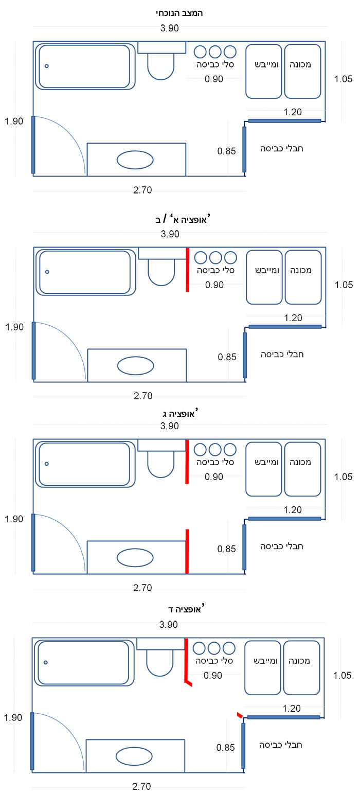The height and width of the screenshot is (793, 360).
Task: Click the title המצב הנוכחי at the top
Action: pos(179,13)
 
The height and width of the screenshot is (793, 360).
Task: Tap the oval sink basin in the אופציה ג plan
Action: pos(135,558)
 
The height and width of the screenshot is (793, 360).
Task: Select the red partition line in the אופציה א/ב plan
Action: pos(187,270)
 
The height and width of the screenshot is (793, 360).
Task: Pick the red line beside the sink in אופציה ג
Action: pos(187,551)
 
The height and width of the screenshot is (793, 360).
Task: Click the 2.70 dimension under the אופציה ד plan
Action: pos(141,786)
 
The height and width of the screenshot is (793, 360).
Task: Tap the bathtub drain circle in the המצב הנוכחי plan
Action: pos(46,66)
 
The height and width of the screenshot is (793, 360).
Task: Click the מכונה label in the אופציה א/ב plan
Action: pos(300,271)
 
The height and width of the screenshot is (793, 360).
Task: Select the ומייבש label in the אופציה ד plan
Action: pos(265,661)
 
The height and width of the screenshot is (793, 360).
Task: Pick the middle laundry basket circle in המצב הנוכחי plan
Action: pos(215,51)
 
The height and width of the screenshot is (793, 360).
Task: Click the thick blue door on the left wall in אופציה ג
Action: pos(33,542)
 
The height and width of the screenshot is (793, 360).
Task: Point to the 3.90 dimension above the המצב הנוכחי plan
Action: pos(169,28)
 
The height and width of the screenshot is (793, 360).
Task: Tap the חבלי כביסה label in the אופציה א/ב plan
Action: pos(282,355)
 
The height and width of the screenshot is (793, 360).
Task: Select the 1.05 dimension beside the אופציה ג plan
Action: pos(344,477)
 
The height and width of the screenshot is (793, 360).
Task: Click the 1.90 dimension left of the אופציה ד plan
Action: pos(13,717)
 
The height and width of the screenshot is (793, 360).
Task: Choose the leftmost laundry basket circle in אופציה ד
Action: pos(199,648)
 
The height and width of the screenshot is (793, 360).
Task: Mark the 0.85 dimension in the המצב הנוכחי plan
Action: pos(226,151)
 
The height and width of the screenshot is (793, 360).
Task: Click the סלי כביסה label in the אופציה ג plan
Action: pos(215,462)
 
